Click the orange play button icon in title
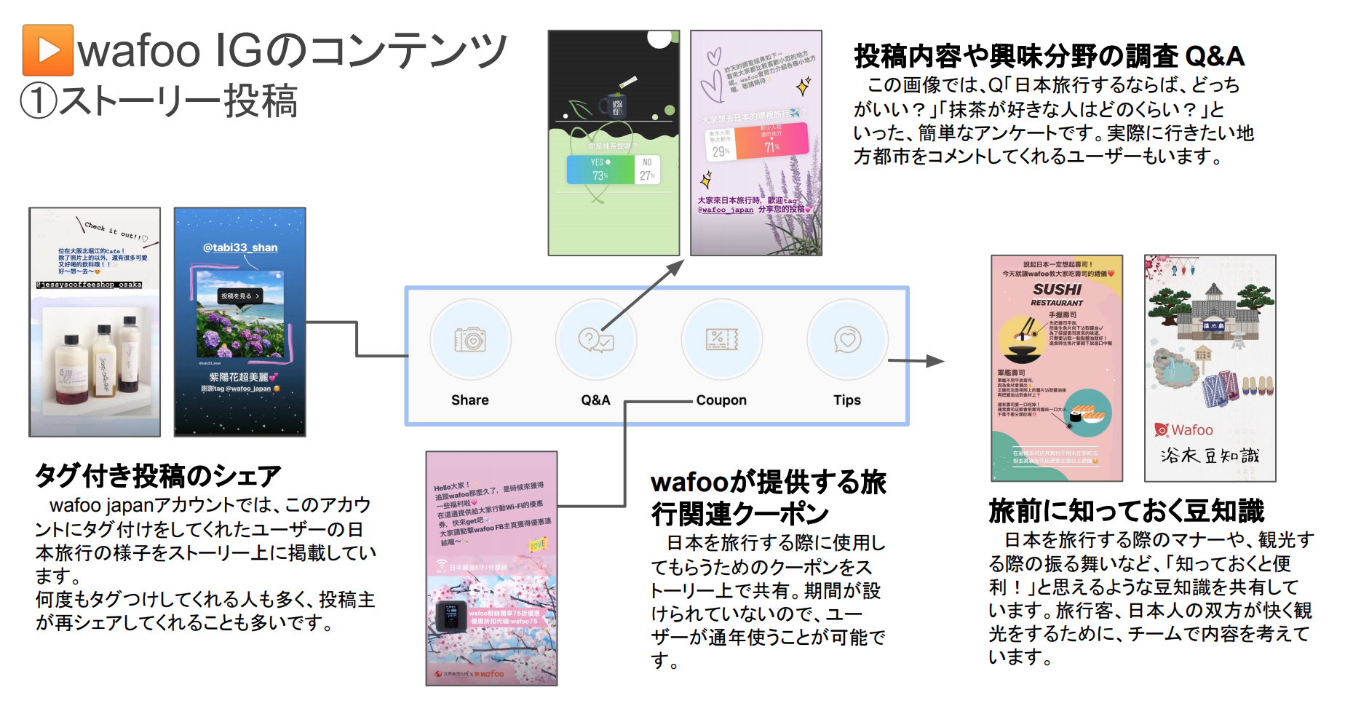pyautogui.click(x=48, y=50)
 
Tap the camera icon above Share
pyautogui.click(x=470, y=339)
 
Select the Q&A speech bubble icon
pyautogui.click(x=595, y=339)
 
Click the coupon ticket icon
pyautogui.click(x=721, y=339)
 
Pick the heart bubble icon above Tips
pyautogui.click(x=847, y=339)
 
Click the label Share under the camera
pyautogui.click(x=469, y=400)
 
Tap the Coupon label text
pyautogui.click(x=721, y=400)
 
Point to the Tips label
pyautogui.click(x=846, y=400)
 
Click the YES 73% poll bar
pyautogui.click(x=600, y=170)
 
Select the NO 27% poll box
pyautogui.click(x=647, y=170)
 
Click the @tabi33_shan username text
pyautogui.click(x=240, y=247)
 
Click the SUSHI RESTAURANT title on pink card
pyautogui.click(x=1057, y=293)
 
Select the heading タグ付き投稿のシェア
pyautogui.click(x=158, y=476)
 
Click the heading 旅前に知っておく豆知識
pyautogui.click(x=1126, y=511)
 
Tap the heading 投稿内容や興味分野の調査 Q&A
pyautogui.click(x=1049, y=56)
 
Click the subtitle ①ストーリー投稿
pyautogui.click(x=159, y=101)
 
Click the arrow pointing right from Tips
pyautogui.click(x=917, y=360)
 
